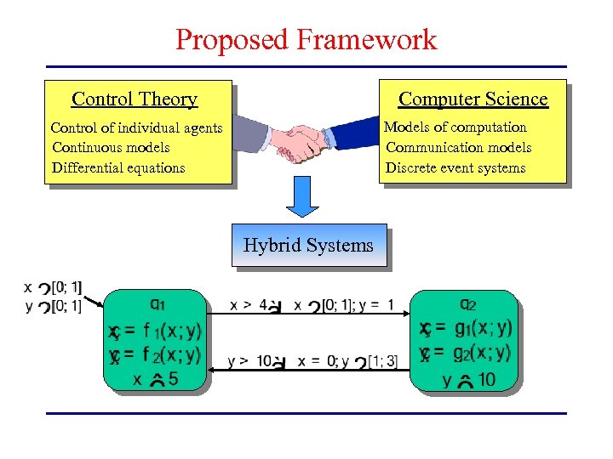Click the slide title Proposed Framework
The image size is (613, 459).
306,39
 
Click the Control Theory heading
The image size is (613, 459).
135,99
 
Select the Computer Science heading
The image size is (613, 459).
473,99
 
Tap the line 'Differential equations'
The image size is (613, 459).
118,167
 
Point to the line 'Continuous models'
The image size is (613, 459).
111,148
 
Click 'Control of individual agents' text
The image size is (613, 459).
136,128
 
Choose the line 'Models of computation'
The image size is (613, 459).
455,127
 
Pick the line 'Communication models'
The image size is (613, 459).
458,147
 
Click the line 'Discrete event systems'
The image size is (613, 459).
455,167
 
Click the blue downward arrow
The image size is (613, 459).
301,197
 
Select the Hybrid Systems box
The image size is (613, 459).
308,246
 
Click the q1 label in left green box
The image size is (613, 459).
158,303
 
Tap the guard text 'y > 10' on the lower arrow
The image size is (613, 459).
248,361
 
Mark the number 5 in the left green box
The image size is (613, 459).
173,379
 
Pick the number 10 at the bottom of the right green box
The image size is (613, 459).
486,379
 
